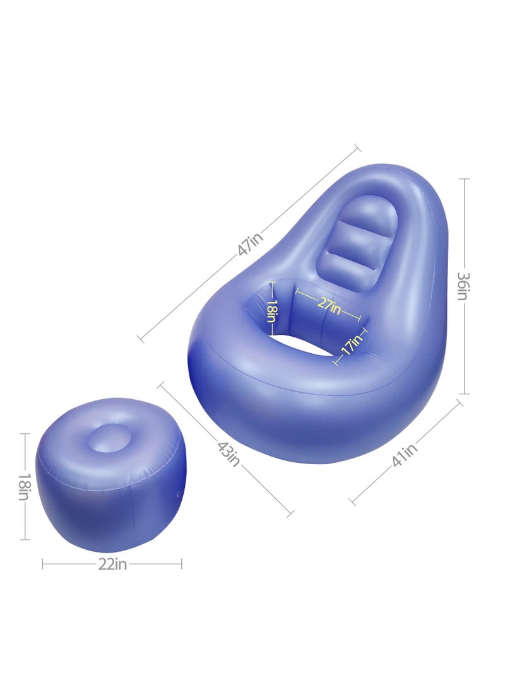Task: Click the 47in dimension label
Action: pyautogui.click(x=251, y=243)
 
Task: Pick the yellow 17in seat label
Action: pyautogui.click(x=352, y=346)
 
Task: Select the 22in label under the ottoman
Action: pyautogui.click(x=112, y=564)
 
